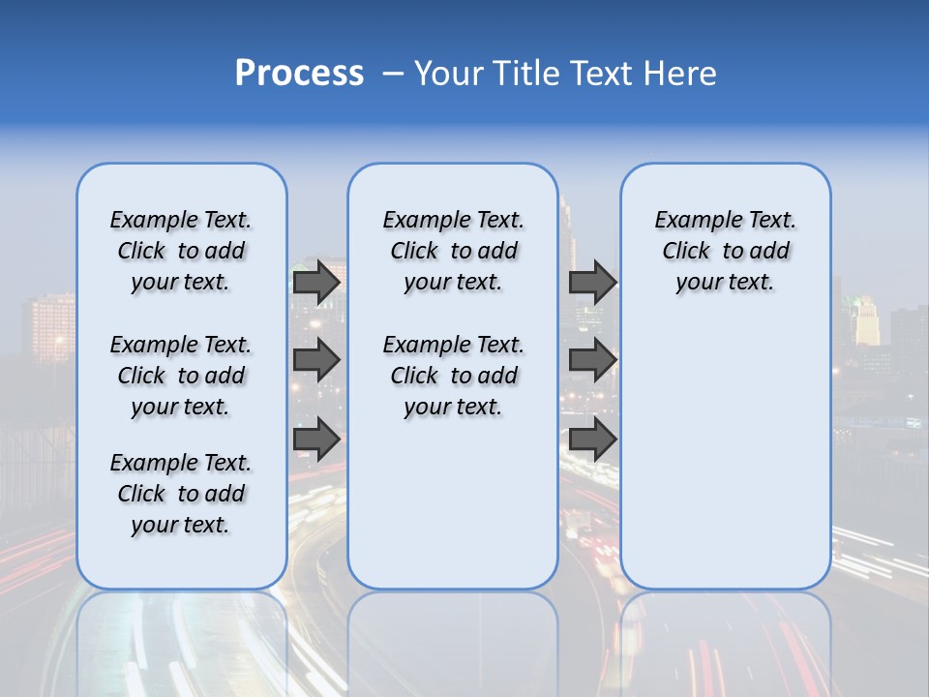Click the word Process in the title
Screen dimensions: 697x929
[x=299, y=74]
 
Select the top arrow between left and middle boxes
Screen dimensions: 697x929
[x=316, y=282]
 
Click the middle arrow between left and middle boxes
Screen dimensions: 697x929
[x=316, y=360]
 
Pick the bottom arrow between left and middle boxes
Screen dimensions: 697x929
[x=316, y=439]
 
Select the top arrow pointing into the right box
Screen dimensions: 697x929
[x=592, y=282]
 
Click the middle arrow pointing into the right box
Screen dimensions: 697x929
[x=592, y=360]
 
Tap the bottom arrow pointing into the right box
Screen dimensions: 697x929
[x=592, y=439]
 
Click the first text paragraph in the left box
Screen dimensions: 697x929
[x=181, y=251]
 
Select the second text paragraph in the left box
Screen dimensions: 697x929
[x=181, y=376]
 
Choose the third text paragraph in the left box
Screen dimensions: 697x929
[x=181, y=494]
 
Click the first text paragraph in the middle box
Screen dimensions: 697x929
[x=453, y=251]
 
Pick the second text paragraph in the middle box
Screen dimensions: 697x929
[x=453, y=376]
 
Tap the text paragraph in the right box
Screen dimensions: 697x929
[x=725, y=251]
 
